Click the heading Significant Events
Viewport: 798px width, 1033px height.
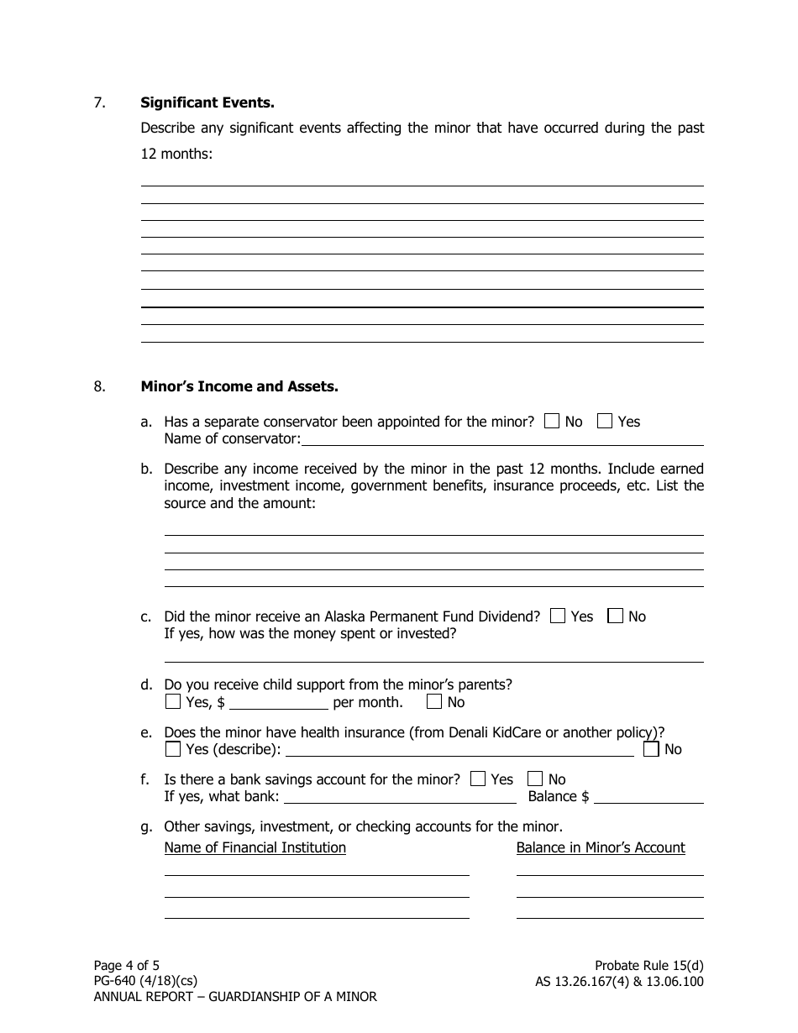(x=207, y=103)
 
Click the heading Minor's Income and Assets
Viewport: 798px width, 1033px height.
(x=239, y=387)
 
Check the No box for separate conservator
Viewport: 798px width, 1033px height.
(x=552, y=422)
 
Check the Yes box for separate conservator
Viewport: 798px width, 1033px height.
(x=605, y=422)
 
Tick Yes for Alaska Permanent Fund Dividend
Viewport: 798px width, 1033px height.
(x=558, y=616)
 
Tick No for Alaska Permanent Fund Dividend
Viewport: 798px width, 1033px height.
(x=616, y=616)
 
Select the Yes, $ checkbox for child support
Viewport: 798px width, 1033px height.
(x=172, y=702)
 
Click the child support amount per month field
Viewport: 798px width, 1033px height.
(x=279, y=703)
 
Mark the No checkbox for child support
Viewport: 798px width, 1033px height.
(x=434, y=702)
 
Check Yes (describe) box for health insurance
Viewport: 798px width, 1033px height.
(x=172, y=749)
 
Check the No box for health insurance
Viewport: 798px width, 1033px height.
(x=651, y=749)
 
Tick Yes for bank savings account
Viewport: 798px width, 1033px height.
(x=478, y=779)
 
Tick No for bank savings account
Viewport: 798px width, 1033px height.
(x=535, y=779)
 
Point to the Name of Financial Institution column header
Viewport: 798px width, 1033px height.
(x=255, y=848)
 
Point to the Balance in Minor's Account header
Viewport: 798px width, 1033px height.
(x=601, y=848)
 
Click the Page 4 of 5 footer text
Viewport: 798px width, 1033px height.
(x=127, y=966)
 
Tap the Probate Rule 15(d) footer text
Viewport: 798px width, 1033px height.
(x=648, y=966)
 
